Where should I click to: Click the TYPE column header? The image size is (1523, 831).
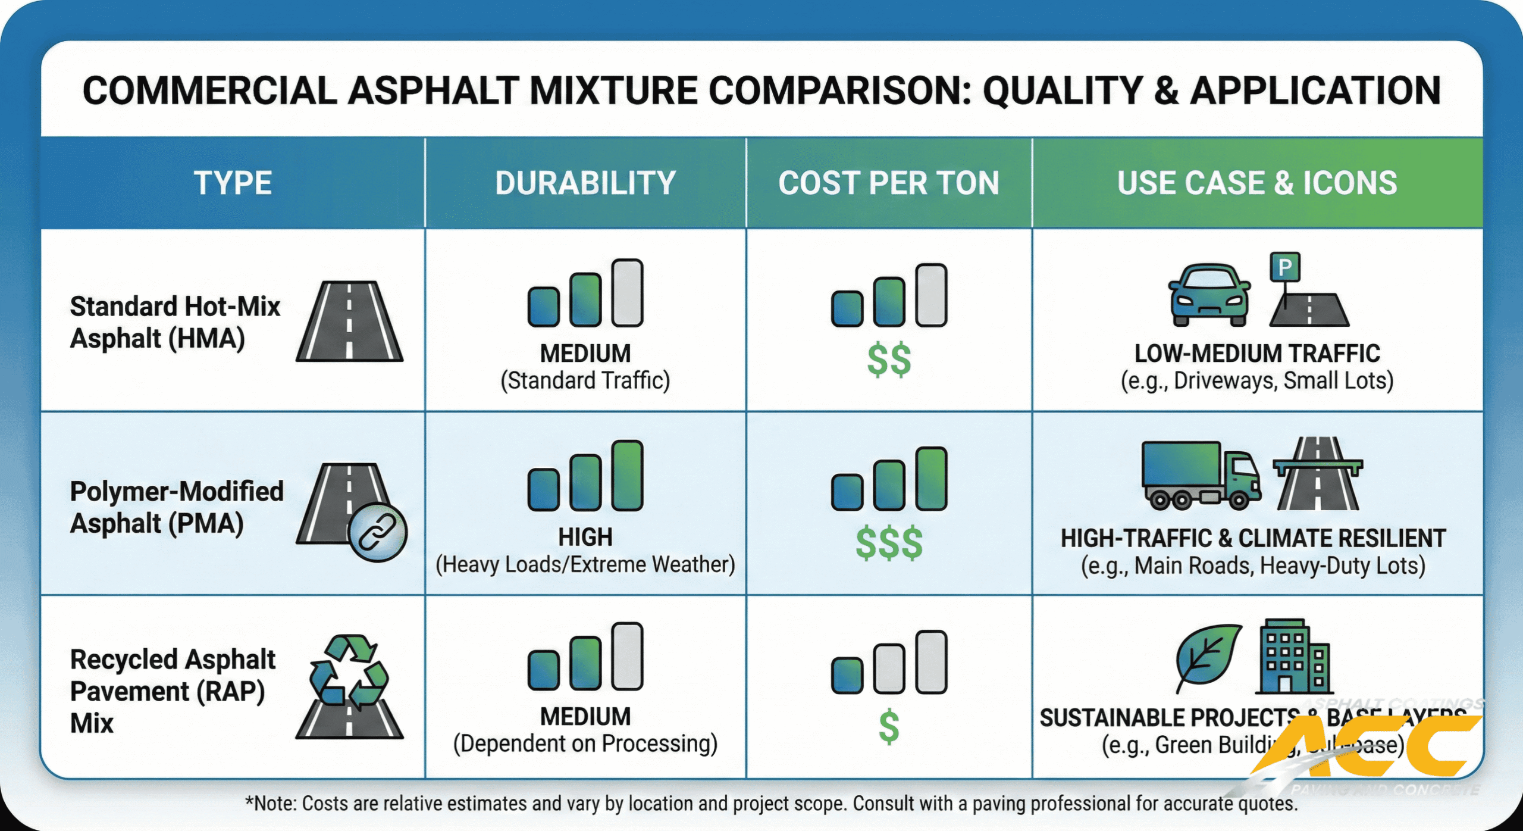tap(233, 183)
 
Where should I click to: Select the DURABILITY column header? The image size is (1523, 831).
tap(585, 183)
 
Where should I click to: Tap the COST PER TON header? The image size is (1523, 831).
tap(888, 183)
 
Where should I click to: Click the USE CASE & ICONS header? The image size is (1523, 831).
tap(1256, 183)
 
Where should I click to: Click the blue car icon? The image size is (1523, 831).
tap(1208, 295)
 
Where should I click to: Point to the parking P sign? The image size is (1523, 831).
tap(1284, 267)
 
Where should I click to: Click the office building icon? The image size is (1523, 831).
tap(1293, 657)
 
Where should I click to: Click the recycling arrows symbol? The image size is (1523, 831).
tap(349, 670)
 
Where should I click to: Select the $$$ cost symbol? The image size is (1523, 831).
tap(889, 543)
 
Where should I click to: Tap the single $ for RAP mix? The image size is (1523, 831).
tap(889, 727)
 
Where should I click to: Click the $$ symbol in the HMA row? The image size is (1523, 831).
tap(889, 360)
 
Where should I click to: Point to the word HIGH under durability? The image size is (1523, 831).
tap(585, 537)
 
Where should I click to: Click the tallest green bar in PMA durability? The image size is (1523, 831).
tap(628, 476)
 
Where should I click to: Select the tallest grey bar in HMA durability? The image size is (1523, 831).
tap(628, 293)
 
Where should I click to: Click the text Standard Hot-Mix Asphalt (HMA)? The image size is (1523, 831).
tap(175, 322)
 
